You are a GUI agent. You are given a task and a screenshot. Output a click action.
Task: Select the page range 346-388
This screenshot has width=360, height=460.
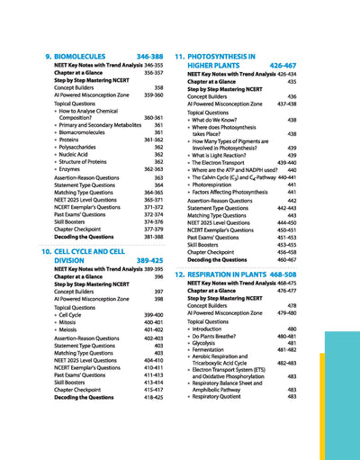click(149, 57)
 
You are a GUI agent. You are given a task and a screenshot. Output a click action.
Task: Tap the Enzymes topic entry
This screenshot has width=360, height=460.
click(74, 168)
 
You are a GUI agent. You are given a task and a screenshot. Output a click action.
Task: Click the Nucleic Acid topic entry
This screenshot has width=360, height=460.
click(79, 154)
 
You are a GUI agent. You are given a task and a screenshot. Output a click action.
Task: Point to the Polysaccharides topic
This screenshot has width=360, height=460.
click(85, 147)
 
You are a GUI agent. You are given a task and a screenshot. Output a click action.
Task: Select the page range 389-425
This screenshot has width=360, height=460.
click(149, 260)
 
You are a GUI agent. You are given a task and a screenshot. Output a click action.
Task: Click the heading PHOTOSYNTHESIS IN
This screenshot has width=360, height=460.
click(224, 57)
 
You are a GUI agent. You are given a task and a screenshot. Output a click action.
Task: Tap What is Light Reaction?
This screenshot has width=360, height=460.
click(232, 155)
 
